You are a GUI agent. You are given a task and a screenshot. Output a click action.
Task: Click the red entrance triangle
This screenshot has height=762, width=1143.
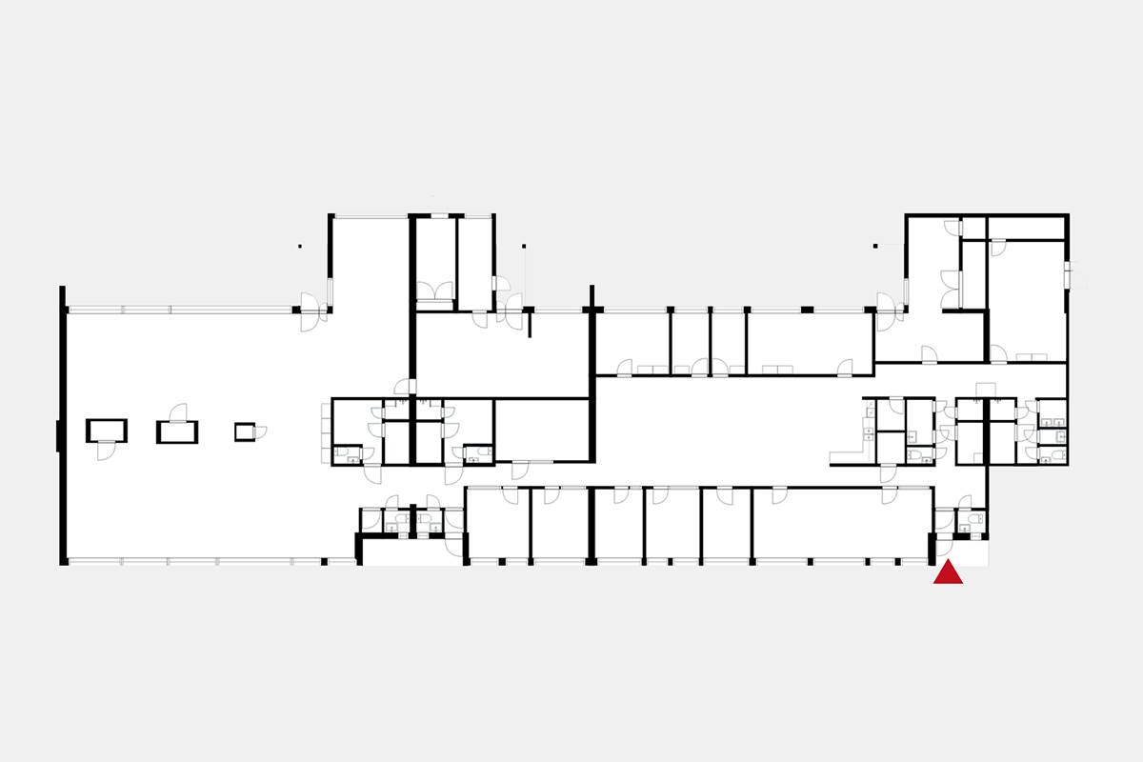(948, 573)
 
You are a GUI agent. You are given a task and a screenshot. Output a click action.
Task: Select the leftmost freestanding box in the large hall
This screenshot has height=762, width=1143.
(106, 431)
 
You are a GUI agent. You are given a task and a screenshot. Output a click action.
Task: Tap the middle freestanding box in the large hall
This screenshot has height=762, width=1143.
(177, 432)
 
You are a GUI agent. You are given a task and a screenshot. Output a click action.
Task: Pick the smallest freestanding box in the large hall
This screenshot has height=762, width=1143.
(246, 431)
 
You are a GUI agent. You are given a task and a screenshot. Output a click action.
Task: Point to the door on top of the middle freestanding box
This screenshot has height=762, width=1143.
(177, 411)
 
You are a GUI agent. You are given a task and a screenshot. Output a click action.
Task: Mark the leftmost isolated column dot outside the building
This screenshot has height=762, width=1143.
(299, 247)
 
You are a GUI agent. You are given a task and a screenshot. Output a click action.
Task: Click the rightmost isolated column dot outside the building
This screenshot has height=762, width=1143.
(875, 247)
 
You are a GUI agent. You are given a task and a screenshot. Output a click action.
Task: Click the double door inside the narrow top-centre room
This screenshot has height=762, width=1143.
(436, 291)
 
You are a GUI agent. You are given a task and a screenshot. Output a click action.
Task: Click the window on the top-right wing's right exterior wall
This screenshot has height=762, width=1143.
(1069, 274)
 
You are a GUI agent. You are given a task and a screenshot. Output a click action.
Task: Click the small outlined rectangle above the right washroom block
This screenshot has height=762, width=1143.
(987, 387)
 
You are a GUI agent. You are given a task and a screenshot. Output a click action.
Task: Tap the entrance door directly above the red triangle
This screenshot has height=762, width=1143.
(946, 547)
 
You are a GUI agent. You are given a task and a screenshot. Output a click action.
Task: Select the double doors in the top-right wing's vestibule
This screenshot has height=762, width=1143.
(951, 289)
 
